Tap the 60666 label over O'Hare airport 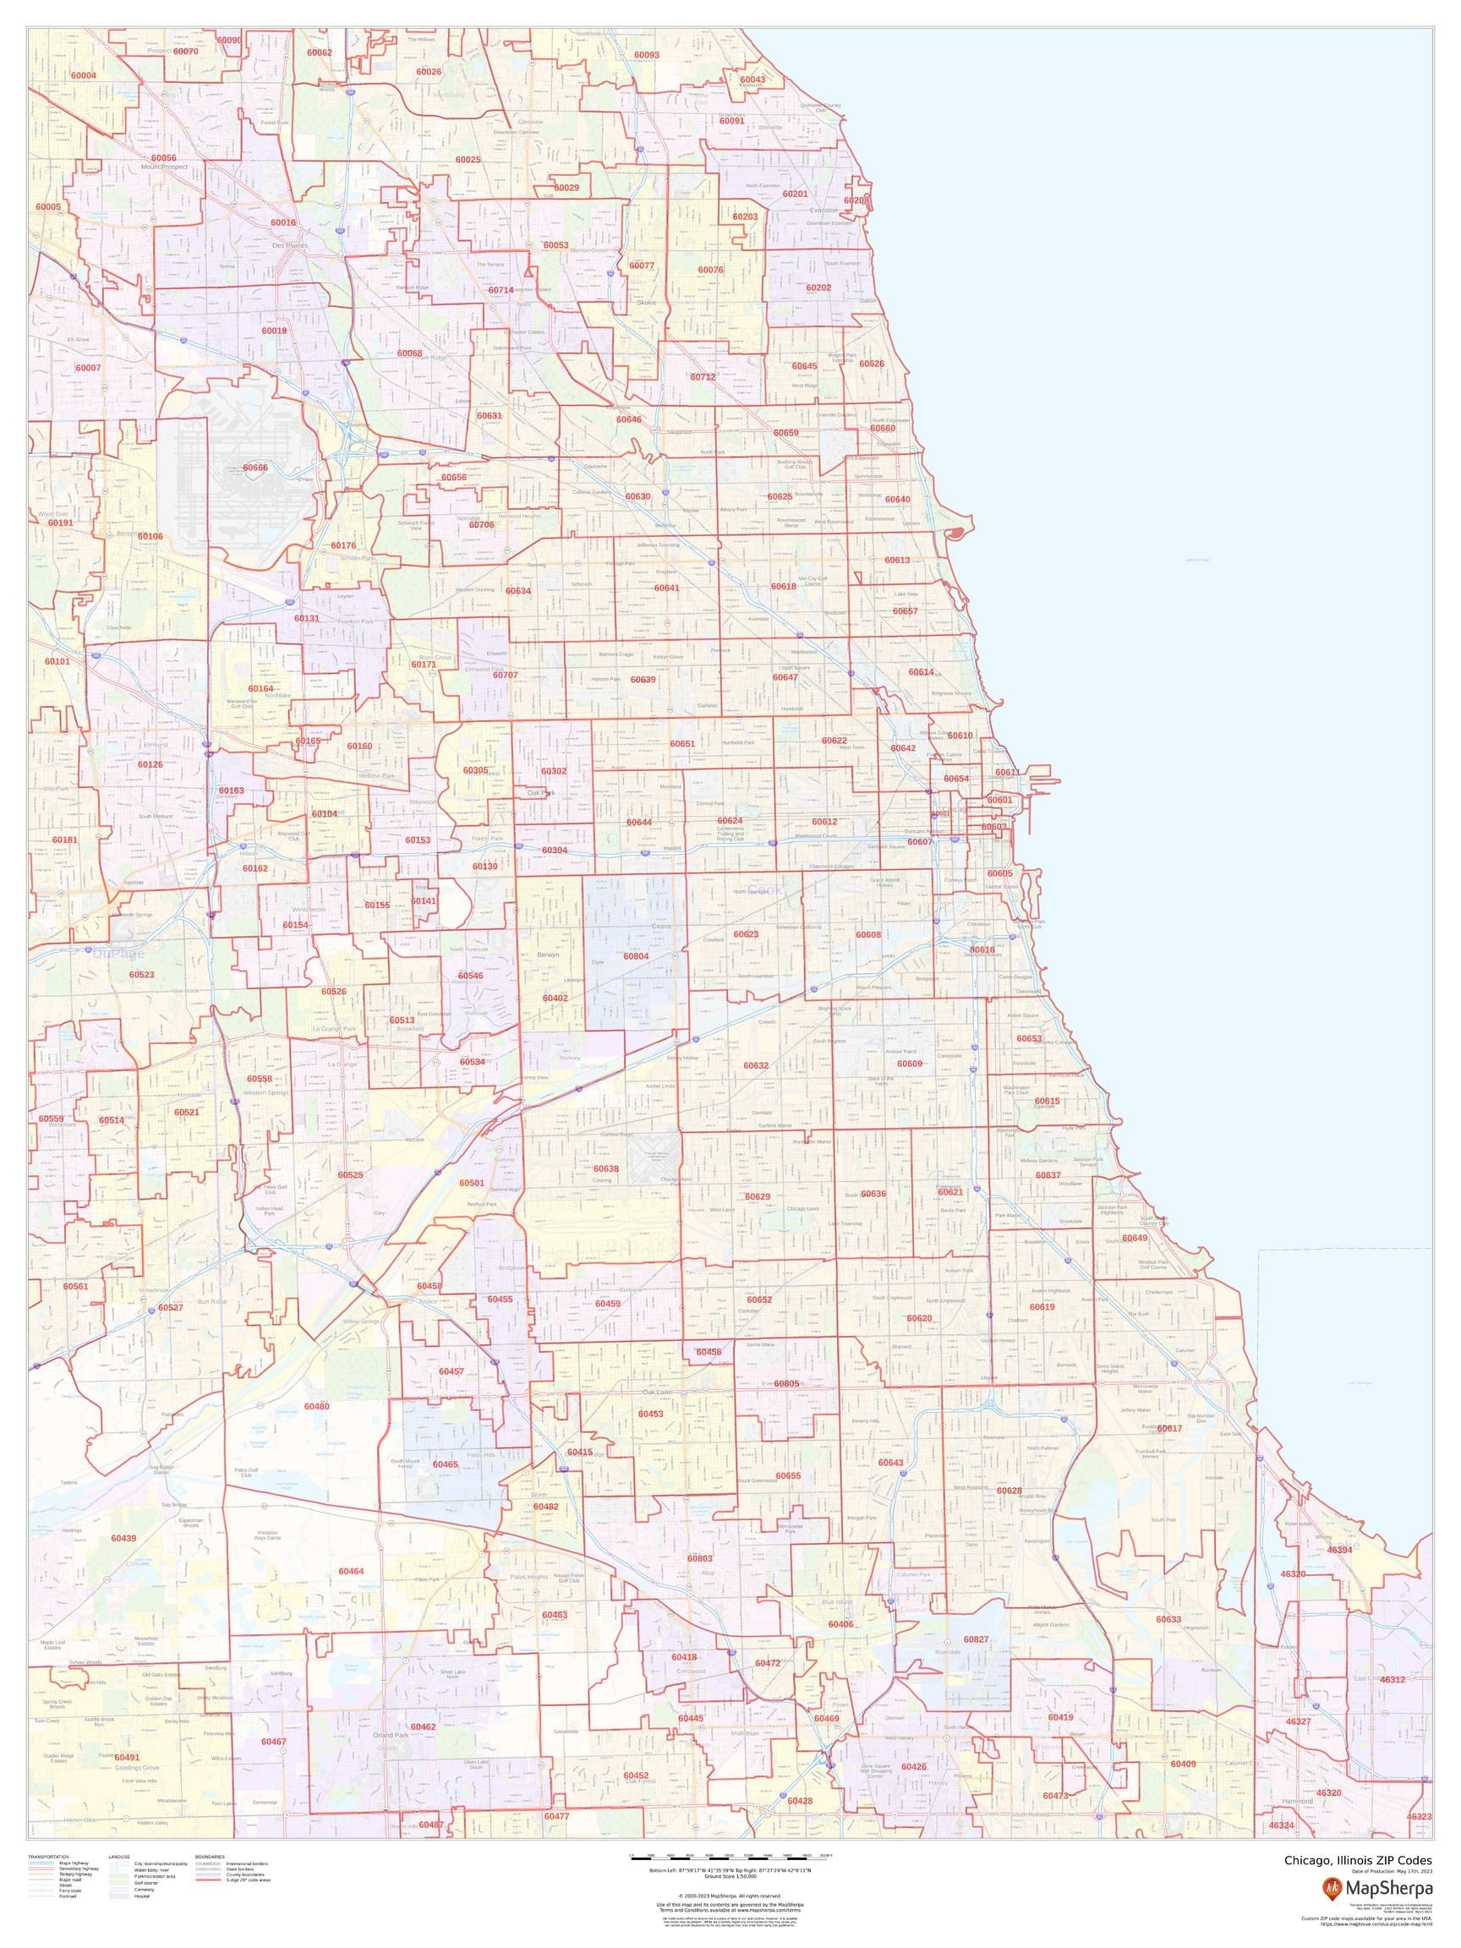(255, 468)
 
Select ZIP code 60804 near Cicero (636, 955)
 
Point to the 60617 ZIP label (1169, 1428)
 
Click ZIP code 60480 (316, 1406)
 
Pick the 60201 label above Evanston (795, 194)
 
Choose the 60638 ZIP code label (606, 1168)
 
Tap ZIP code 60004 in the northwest (83, 76)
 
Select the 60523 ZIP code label (141, 975)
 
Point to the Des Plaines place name (290, 246)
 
